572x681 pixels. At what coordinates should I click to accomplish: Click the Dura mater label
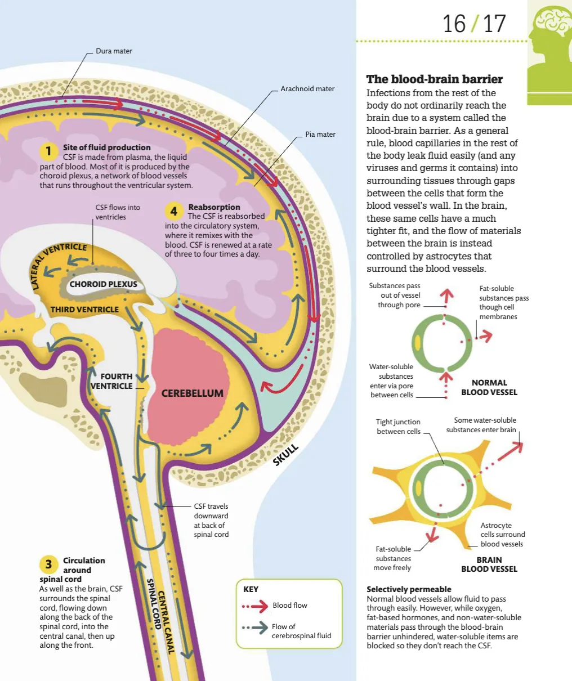click(x=114, y=51)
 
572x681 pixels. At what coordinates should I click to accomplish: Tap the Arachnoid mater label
click(x=307, y=89)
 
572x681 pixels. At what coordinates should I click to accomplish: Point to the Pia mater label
click(x=320, y=135)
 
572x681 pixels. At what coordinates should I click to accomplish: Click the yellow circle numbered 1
click(x=49, y=151)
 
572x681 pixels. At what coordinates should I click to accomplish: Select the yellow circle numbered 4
click(x=174, y=211)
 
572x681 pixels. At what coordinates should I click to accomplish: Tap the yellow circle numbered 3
click(x=49, y=564)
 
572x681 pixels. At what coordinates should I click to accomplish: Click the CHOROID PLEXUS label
click(x=103, y=284)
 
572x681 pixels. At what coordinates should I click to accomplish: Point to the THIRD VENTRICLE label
click(x=84, y=310)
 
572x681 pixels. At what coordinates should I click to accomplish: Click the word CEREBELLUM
click(x=193, y=393)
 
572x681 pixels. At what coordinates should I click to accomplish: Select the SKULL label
click(x=285, y=455)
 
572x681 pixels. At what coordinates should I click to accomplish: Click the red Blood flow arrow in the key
click(x=256, y=606)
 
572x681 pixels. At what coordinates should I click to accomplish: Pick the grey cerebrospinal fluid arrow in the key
click(x=256, y=628)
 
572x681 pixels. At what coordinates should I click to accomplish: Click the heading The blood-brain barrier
click(x=435, y=79)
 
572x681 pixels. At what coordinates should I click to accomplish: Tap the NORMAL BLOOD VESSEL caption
click(x=489, y=387)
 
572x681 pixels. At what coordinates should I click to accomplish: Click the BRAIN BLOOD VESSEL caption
click(x=489, y=564)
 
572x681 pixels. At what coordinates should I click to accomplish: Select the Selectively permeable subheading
click(x=409, y=589)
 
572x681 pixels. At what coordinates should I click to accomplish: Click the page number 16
click(x=454, y=24)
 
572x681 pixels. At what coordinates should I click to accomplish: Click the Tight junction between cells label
click(x=399, y=427)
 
